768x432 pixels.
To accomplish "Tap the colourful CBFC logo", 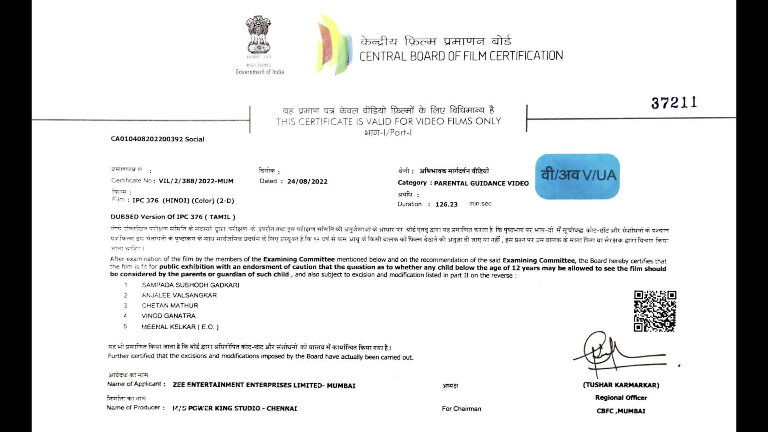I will click(334, 44).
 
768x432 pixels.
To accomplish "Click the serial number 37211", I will click(674, 103).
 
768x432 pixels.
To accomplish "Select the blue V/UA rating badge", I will click(577, 176).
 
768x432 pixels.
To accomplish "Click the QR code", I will click(655, 311).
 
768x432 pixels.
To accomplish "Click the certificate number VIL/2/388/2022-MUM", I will click(196, 181).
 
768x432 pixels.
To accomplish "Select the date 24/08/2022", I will click(307, 181).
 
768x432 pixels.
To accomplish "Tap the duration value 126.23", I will click(446, 204).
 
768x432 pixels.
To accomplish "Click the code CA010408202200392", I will click(147, 139).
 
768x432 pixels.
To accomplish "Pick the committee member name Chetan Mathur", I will click(170, 306).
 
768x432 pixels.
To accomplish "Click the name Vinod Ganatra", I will click(168, 316).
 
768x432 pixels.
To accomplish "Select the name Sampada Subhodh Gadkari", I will click(190, 285).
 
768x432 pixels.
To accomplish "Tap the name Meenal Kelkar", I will click(180, 327).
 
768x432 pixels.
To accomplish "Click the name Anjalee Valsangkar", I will click(179, 295).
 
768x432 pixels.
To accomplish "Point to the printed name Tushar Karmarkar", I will click(621, 385).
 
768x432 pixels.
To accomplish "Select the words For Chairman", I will click(461, 409).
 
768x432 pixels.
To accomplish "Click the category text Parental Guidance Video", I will click(481, 183).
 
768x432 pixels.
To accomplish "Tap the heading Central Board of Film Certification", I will click(461, 56).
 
